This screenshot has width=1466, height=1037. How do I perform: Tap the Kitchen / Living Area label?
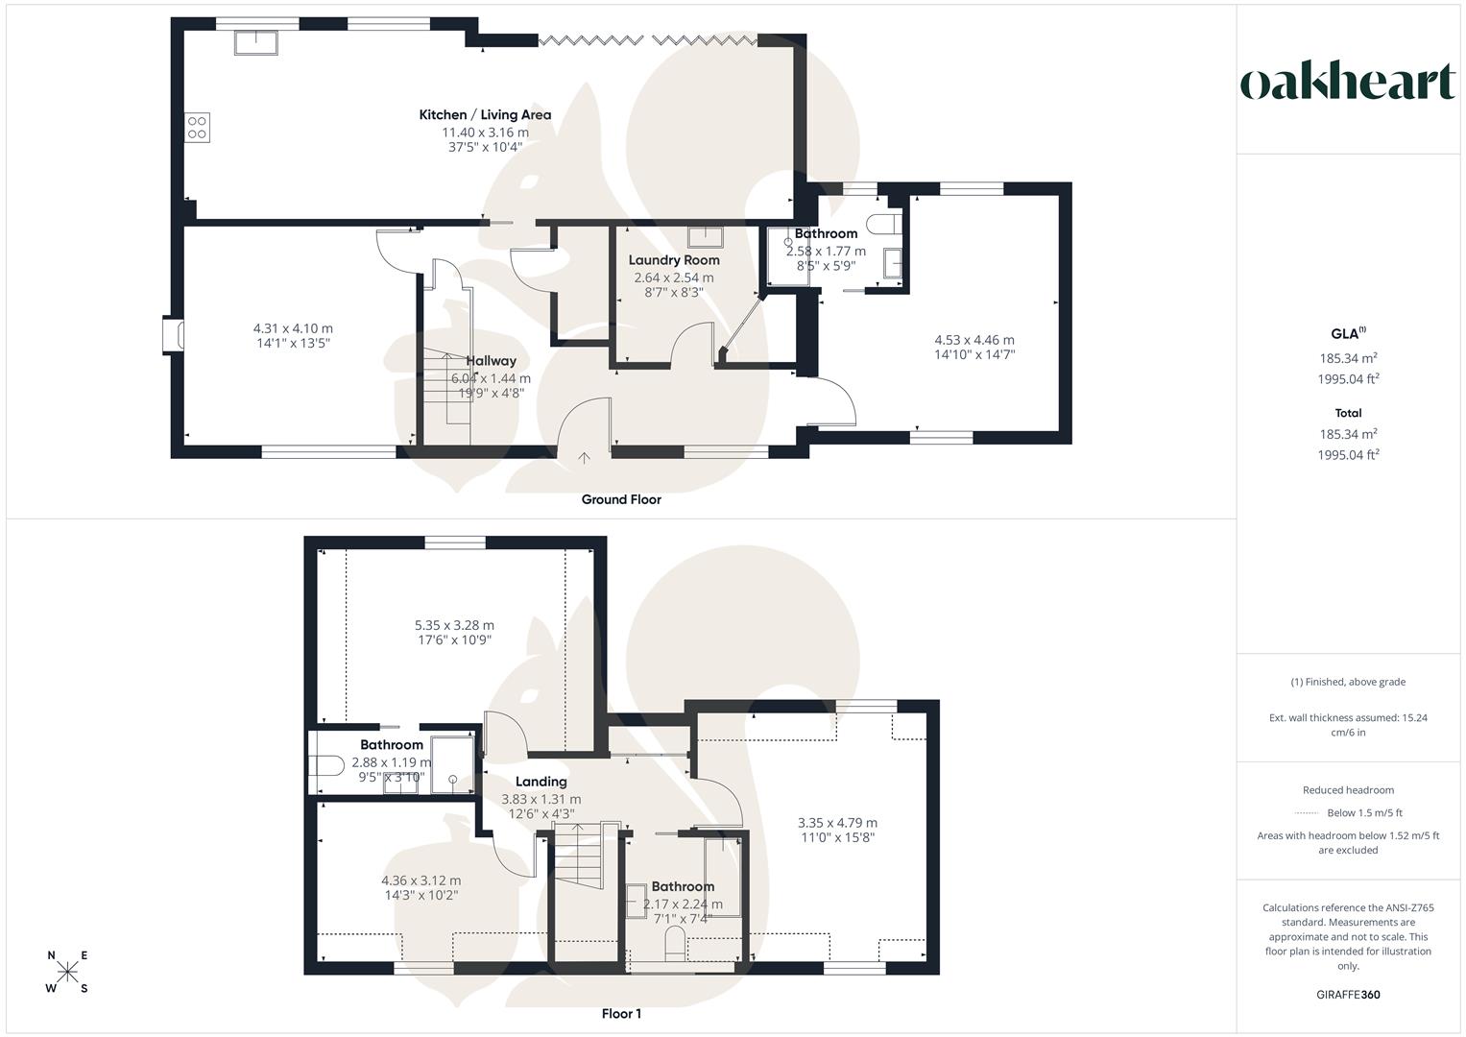[485, 114]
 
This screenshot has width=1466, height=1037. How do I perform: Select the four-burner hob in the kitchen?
[197, 128]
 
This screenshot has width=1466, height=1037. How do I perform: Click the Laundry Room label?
[674, 260]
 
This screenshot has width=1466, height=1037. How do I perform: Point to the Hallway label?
[491, 361]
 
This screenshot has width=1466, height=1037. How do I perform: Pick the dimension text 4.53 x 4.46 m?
[974, 340]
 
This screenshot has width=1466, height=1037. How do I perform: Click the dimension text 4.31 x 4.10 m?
[293, 328]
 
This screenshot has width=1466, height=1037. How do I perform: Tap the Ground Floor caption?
[621, 499]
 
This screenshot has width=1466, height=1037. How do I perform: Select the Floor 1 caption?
[621, 1013]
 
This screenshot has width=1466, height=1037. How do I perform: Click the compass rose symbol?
[67, 972]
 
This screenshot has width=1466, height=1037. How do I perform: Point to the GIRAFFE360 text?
[1348, 995]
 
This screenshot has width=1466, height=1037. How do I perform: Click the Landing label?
[541, 782]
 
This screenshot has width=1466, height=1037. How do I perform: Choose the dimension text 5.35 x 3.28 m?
[454, 625]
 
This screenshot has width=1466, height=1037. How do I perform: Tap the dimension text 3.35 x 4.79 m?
[838, 822]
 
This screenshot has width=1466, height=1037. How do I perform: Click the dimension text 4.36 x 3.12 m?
[421, 880]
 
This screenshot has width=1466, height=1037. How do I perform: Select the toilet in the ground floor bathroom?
[883, 223]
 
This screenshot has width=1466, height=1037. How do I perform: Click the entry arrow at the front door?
[585, 458]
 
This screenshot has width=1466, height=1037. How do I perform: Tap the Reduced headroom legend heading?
[1348, 790]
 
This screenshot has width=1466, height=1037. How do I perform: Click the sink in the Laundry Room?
[706, 237]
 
